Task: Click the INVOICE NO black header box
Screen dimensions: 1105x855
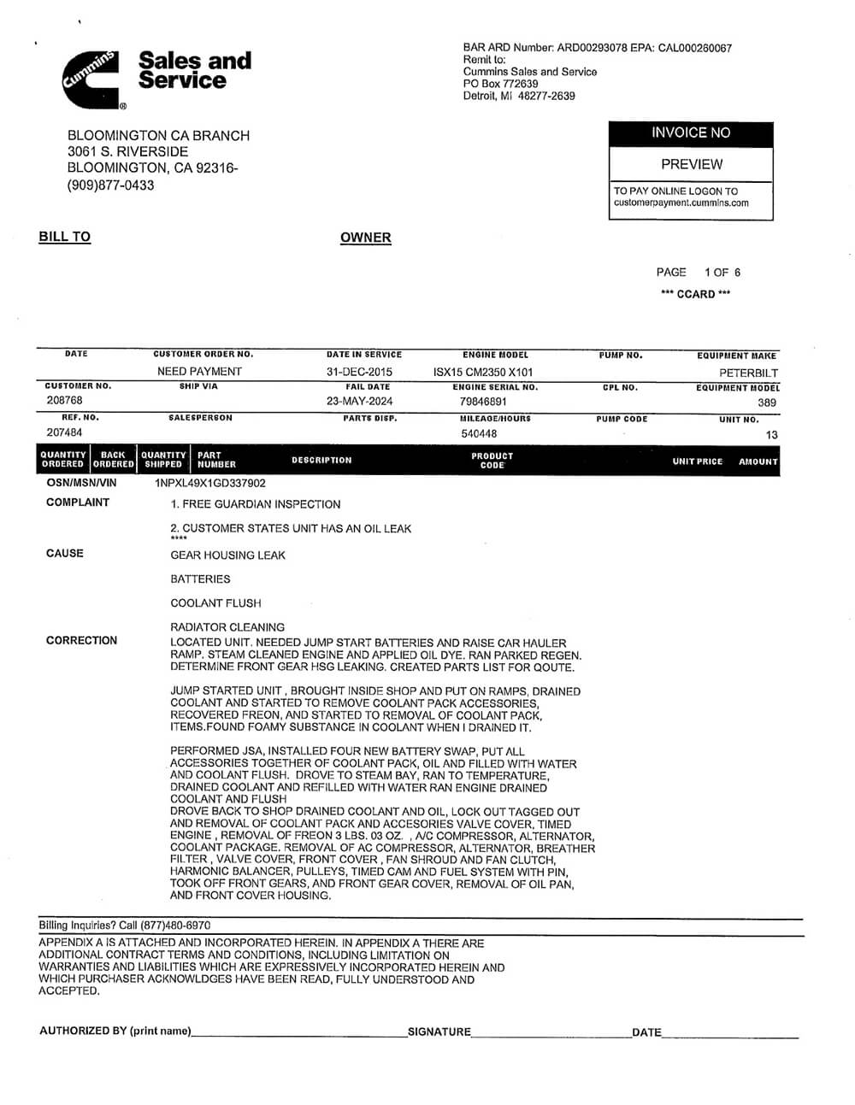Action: pyautogui.click(x=691, y=133)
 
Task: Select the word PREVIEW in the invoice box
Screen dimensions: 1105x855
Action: pyautogui.click(x=691, y=164)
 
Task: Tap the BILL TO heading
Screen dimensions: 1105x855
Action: pyautogui.click(x=64, y=237)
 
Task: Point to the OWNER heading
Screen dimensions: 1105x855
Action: pyautogui.click(x=365, y=238)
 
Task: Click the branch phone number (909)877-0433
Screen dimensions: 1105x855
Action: pyautogui.click(x=110, y=185)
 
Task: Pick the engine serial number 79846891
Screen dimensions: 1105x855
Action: pyautogui.click(x=483, y=402)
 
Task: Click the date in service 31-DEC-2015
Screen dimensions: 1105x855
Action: pyautogui.click(x=360, y=372)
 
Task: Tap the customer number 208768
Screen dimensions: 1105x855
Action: pyautogui.click(x=64, y=401)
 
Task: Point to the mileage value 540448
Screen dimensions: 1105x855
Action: pyautogui.click(x=479, y=433)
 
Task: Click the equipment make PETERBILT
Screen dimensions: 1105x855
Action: pyautogui.click(x=748, y=373)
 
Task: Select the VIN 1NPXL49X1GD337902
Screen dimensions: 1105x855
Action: pyautogui.click(x=210, y=484)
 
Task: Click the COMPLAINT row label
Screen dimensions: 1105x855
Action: pyautogui.click(x=78, y=503)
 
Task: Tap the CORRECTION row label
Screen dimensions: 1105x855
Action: pyautogui.click(x=81, y=640)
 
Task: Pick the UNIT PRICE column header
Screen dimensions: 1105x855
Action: pyautogui.click(x=697, y=461)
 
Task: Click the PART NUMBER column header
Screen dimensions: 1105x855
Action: pyautogui.click(x=216, y=460)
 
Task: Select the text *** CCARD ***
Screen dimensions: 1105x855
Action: pyautogui.click(x=695, y=294)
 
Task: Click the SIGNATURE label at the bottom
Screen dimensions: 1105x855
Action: pyautogui.click(x=439, y=1032)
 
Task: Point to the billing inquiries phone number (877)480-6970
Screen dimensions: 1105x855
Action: pyautogui.click(x=176, y=926)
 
